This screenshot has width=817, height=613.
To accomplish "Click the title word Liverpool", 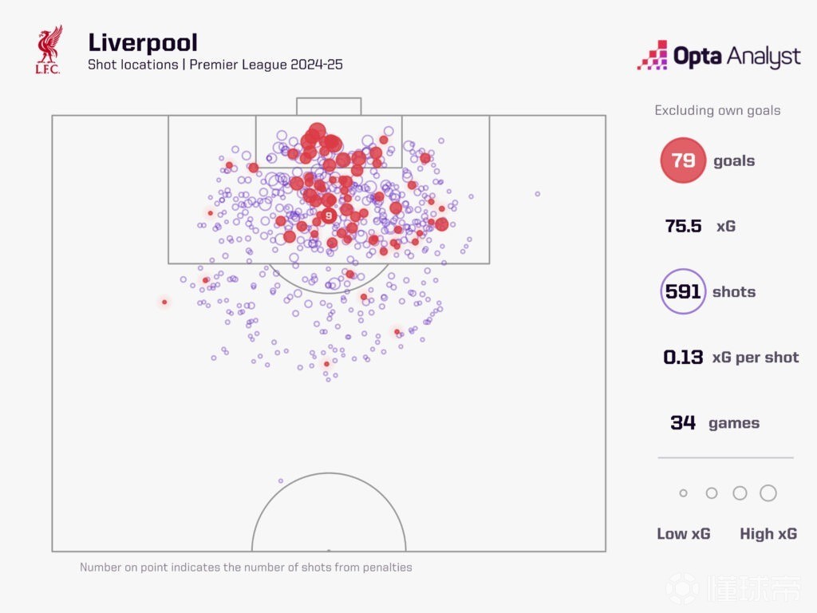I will tap(143, 42).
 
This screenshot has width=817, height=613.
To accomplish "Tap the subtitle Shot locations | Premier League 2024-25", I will tap(215, 65).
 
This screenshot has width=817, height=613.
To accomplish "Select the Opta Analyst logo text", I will tap(736, 57).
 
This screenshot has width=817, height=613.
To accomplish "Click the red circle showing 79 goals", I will tap(683, 160).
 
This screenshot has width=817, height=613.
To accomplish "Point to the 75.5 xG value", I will tap(684, 226).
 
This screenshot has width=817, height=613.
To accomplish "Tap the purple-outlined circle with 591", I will tap(683, 291).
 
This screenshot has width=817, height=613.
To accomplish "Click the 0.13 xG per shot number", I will tap(684, 358).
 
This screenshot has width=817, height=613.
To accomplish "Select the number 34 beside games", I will tap(683, 423).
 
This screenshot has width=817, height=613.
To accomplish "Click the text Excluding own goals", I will tap(717, 111).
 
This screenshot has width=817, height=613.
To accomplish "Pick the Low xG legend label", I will tap(683, 534).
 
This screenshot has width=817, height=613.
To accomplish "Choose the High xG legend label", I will tap(768, 534).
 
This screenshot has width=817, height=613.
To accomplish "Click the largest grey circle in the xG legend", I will tap(768, 493).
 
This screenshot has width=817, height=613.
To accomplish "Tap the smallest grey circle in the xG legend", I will tap(683, 493).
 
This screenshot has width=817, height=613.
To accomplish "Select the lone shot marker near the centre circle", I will tap(281, 481).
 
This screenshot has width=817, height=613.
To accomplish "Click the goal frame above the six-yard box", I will tap(329, 106).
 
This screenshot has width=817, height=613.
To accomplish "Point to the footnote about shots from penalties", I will tap(246, 568).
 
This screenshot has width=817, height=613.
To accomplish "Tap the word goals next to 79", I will tap(734, 160).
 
